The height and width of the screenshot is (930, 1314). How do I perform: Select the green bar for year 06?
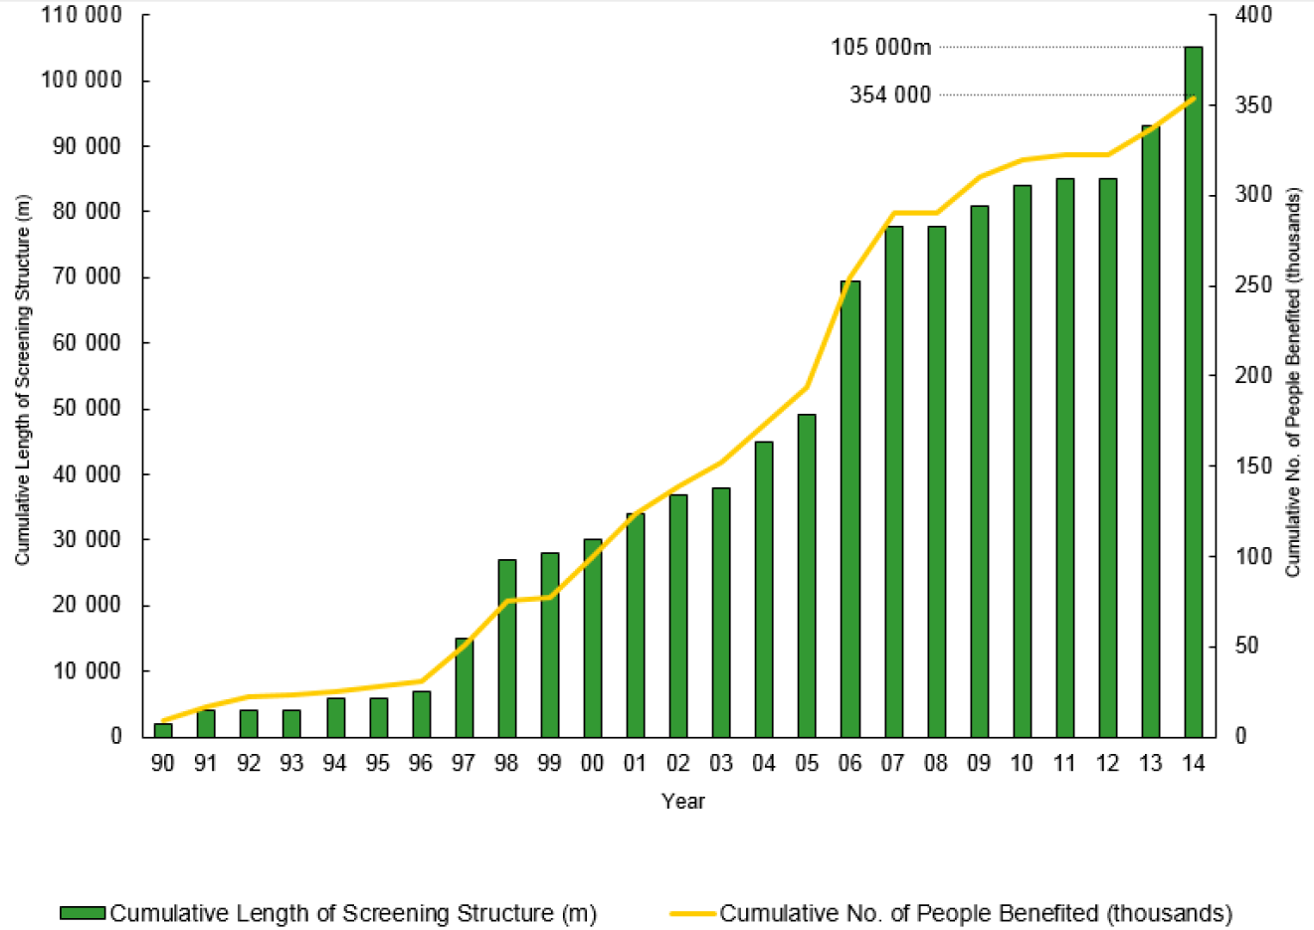849,508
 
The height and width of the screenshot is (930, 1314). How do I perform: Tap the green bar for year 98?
507,648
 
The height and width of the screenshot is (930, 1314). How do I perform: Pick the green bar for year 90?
163,729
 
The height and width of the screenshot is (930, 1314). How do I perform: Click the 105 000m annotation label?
881,47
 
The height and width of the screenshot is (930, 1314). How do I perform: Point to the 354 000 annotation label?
890,94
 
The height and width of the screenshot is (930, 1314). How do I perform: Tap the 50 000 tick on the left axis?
88,409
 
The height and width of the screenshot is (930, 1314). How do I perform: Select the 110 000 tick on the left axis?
82,15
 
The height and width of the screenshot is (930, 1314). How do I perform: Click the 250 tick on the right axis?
1253,285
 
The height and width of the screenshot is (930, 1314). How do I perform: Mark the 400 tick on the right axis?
1253,15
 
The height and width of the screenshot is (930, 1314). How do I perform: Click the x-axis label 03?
720,763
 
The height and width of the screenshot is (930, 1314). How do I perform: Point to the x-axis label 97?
463,763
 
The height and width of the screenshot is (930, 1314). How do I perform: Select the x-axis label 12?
1107,763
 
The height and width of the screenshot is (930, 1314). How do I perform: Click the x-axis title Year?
683,801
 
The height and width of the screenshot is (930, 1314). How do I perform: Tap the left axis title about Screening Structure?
22,378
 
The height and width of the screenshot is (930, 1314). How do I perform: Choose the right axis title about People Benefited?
1293,383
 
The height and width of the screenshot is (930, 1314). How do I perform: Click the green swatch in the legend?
83,913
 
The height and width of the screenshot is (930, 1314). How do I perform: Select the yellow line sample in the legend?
693,913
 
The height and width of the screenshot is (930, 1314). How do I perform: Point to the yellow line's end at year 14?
1194,97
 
